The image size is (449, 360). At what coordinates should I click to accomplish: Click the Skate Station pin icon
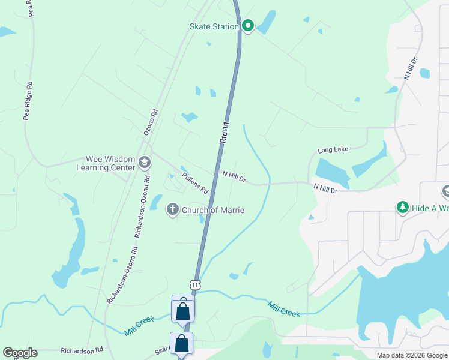click(248, 26)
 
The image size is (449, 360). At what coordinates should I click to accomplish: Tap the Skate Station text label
click(214, 26)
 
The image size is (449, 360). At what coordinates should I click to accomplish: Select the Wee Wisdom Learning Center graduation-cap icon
click(144, 163)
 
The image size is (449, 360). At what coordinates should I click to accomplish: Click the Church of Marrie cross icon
click(172, 209)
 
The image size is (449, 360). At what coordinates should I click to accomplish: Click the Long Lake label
click(333, 150)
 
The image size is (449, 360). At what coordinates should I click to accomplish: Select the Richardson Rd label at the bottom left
click(82, 349)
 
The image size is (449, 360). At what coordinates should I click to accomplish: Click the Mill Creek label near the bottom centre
click(283, 309)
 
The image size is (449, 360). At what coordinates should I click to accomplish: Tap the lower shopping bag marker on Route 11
click(181, 344)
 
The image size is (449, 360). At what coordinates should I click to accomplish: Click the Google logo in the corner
click(20, 353)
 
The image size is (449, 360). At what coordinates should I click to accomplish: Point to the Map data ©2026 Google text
click(412, 355)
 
